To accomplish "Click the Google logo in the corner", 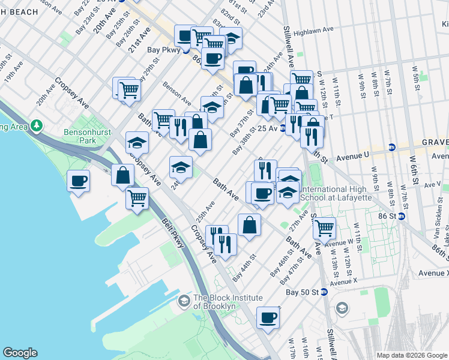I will click(x=20, y=353).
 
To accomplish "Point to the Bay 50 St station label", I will click(x=301, y=292).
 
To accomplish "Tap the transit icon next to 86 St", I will click(x=402, y=216).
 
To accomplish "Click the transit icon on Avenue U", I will click(x=391, y=148).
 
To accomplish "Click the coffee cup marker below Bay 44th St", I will click(x=268, y=317).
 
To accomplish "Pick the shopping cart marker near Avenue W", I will click(x=324, y=227).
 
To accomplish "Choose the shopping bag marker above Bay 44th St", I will click(x=249, y=224).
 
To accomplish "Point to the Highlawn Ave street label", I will click(x=318, y=29).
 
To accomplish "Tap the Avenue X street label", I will click(x=343, y=281).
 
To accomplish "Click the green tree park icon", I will click(x=38, y=125).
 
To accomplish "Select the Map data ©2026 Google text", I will click(x=411, y=355).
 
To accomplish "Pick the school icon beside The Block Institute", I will click(x=184, y=300).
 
